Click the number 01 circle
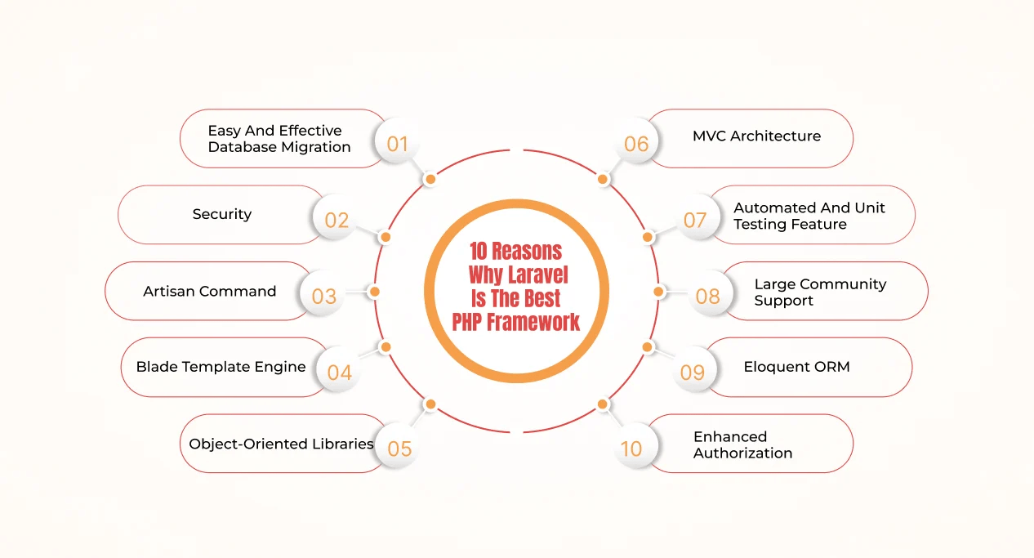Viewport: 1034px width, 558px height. (397, 145)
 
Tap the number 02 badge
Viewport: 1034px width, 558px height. (336, 221)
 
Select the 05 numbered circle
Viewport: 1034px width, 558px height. (399, 449)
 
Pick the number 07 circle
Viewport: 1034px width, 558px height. (695, 220)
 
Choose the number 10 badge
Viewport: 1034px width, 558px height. (631, 449)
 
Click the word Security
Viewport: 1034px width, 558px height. (222, 214)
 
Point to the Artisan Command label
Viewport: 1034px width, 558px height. (210, 291)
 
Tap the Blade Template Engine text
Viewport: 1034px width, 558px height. (221, 367)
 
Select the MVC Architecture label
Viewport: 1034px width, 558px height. (756, 136)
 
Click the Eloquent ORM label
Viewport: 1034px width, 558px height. (796, 367)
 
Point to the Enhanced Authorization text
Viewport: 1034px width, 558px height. (742, 444)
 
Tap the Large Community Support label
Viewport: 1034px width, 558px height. (820, 292)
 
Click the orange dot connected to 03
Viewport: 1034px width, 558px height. (375, 291)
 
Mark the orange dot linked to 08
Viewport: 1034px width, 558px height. (659, 291)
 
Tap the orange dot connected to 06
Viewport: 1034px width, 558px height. (603, 179)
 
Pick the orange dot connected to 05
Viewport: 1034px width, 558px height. (430, 404)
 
